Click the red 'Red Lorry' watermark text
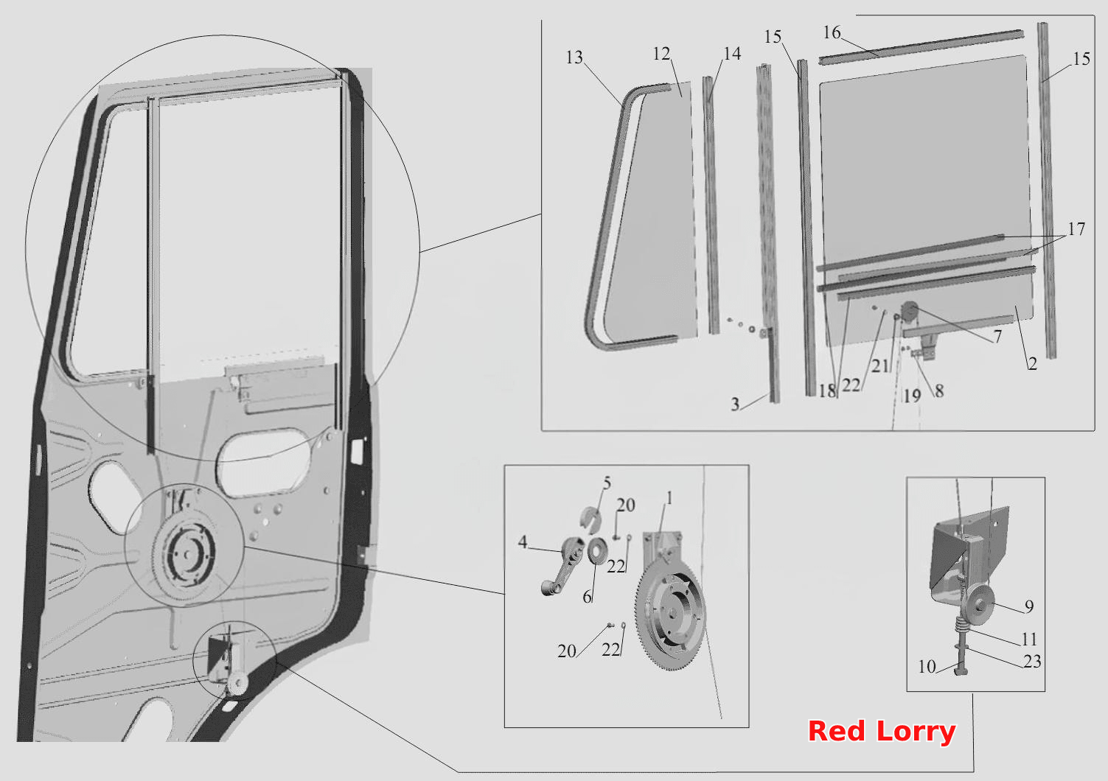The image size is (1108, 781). click(882, 732)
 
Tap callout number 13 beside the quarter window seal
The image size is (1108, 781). click(574, 57)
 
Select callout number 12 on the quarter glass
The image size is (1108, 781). click(661, 54)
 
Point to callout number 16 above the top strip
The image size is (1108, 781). click(832, 32)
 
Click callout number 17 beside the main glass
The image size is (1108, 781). click(1076, 229)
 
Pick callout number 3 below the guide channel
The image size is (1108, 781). click(735, 404)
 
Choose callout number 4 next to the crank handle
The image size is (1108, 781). click(523, 542)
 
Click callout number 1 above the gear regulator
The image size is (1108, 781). click(669, 498)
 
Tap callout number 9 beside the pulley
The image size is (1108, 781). click(1029, 606)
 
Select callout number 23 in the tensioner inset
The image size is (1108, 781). click(1032, 661)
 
